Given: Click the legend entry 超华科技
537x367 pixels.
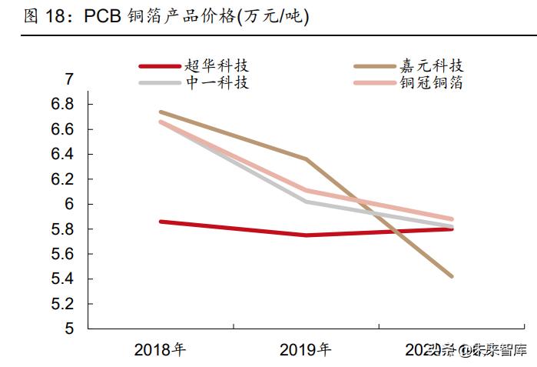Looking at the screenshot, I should [217, 67].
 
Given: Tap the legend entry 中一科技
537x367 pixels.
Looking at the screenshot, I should [217, 82].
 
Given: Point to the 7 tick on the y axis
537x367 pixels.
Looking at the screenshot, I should [68, 79].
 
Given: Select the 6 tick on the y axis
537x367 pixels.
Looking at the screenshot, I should [68, 205].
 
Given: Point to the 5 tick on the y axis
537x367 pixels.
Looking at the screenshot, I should [68, 329].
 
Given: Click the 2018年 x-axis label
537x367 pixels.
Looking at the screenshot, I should [160, 350].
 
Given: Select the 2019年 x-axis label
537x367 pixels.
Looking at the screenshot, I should [306, 350].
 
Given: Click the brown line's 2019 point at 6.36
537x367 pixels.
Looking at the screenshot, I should [306, 159].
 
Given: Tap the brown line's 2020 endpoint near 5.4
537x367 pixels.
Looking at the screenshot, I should [452, 275].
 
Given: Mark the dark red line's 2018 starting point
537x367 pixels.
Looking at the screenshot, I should [160, 222].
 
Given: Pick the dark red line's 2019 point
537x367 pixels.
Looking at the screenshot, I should [306, 235].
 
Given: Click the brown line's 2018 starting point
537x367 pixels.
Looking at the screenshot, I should [160, 112].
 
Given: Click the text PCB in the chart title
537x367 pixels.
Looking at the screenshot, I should [103, 17].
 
